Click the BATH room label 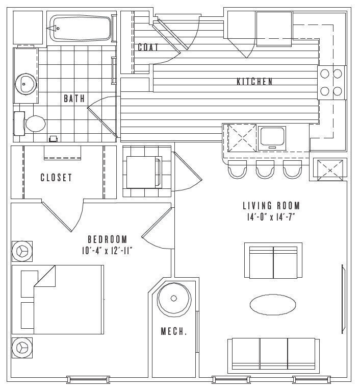pyautogui.click(x=74, y=99)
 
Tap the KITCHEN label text pyautogui.click(x=254, y=82)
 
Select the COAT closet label pyautogui.click(x=148, y=47)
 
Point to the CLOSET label pyautogui.click(x=56, y=177)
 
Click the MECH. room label pyautogui.click(x=174, y=331)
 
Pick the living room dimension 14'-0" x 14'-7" pyautogui.click(x=271, y=217)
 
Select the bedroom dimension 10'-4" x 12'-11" pyautogui.click(x=107, y=251)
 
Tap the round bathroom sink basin pyautogui.click(x=26, y=84)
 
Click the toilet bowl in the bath pyautogui.click(x=35, y=124)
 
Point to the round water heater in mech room pyautogui.click(x=174, y=298)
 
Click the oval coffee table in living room pyautogui.click(x=272, y=304)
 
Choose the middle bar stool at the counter pyautogui.click(x=265, y=169)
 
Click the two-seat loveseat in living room pyautogui.click(x=273, y=260)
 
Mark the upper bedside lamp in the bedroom pyautogui.click(x=22, y=251)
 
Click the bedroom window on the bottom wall pyautogui.click(x=88, y=380)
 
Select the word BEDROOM pyautogui.click(x=108, y=239)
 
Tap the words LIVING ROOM pyautogui.click(x=271, y=206)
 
